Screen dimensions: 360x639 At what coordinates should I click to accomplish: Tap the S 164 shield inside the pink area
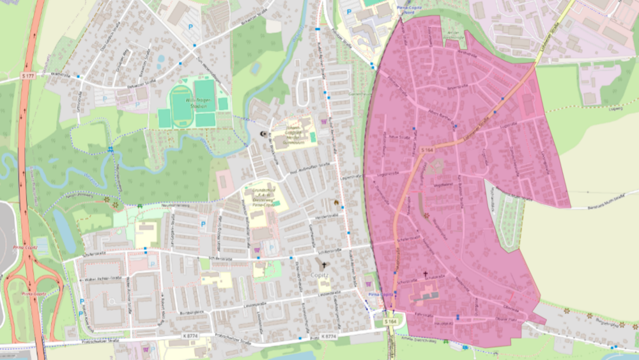pos(427,150)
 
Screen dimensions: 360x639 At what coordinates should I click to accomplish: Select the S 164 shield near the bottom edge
pos(390,320)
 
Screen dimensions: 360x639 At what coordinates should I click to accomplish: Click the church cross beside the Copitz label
pos(323,265)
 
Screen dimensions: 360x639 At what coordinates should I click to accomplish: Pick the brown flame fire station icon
pos(336,202)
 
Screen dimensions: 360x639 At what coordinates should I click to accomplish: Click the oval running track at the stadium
pos(182,102)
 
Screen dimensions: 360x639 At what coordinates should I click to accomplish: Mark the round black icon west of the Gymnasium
pos(264,134)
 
